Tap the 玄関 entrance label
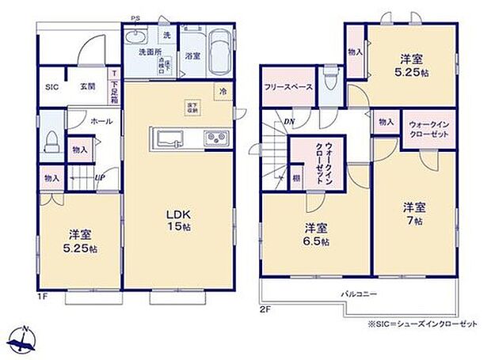[87, 87]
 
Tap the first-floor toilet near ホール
[51, 142]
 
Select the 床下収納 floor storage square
[192, 108]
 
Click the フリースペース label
[288, 87]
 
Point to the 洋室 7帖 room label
[415, 214]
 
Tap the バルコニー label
[358, 294]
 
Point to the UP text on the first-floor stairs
[101, 178]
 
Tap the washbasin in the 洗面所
[135, 39]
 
